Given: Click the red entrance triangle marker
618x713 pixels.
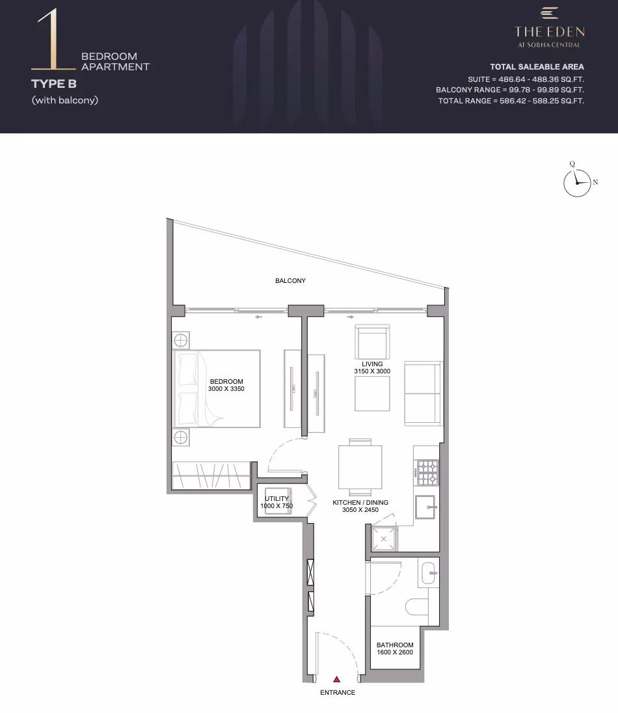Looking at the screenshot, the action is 336,679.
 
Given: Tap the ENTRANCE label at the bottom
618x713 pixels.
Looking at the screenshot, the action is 338,693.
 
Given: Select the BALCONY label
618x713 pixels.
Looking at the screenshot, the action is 290,280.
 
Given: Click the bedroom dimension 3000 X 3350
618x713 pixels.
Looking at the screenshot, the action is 226,389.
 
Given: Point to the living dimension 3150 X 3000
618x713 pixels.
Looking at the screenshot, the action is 372,371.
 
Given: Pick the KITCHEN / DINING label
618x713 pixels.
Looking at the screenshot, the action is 360,502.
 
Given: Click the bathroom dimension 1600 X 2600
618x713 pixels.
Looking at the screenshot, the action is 395,652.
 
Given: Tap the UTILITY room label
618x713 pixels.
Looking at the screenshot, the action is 276,498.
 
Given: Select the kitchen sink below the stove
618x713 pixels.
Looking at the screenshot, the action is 425,507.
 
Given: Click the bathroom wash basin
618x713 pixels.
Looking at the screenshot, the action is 429,573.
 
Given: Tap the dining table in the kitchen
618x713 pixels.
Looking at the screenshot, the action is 360,467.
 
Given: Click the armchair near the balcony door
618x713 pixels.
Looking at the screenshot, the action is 372,342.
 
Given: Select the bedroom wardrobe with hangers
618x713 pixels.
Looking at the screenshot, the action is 211,476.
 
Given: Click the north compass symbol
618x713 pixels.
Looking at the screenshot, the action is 578,183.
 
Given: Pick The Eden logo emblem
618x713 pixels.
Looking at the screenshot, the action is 549,13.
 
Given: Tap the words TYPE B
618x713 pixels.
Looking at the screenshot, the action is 53,84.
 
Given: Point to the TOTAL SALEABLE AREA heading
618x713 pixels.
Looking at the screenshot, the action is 537,67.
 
